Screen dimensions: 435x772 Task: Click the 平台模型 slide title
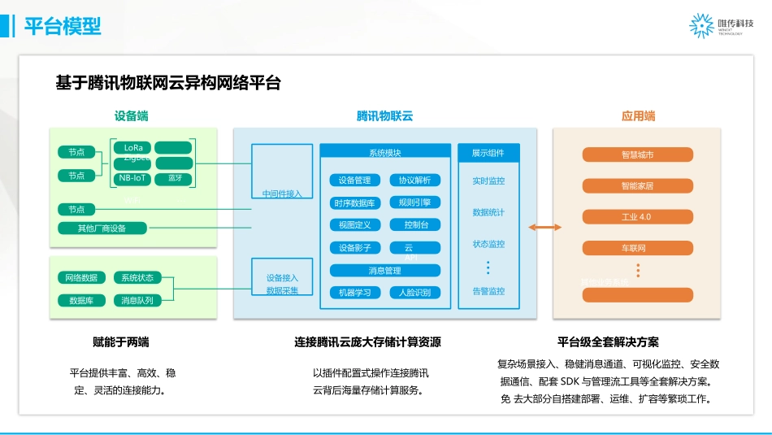pos(63,26)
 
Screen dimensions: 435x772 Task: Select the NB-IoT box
pos(132,177)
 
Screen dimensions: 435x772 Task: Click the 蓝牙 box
pos(175,177)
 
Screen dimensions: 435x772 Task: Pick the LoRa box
pos(132,147)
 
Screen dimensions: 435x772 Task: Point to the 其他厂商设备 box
pos(102,228)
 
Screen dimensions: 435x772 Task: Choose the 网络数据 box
pos(81,278)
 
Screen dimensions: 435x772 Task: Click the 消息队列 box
pos(137,300)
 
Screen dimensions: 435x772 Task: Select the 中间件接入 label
pos(282,194)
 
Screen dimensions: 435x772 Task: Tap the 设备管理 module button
pos(354,180)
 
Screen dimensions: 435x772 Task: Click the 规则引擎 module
pos(415,202)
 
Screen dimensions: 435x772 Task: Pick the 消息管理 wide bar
pos(385,270)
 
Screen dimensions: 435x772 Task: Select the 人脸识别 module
pos(415,292)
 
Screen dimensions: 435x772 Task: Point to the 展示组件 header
pos(488,153)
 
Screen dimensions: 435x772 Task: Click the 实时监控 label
pos(488,181)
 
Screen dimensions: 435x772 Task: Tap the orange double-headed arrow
pos(544,228)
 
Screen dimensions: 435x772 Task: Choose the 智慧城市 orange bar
pos(637,154)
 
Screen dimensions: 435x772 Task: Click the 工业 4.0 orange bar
pos(637,217)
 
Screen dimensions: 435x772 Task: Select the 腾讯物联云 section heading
pos(384,116)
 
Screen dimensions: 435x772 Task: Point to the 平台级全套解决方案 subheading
pos(608,342)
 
